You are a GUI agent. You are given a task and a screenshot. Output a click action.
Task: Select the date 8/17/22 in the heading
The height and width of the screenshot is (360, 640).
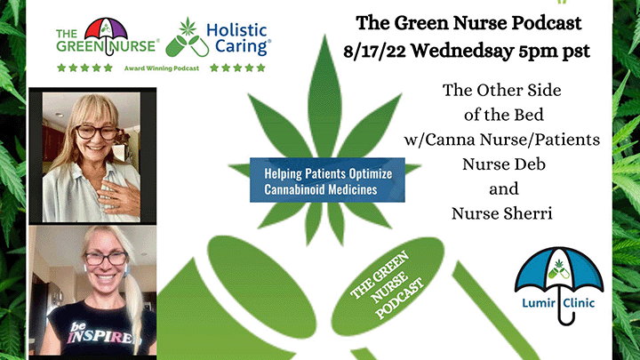click(x=374, y=52)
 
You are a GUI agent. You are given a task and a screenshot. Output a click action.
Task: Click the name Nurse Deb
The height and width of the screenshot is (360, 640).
click(x=504, y=164)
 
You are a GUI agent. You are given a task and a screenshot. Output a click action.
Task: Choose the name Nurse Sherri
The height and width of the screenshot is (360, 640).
click(x=502, y=213)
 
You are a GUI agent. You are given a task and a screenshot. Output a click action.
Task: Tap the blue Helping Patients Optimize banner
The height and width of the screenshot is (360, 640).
click(x=327, y=180)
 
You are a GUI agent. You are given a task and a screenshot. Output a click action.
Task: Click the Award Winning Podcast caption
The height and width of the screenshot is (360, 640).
click(x=162, y=68)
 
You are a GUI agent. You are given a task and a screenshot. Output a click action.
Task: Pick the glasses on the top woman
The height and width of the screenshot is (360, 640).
click(x=96, y=132)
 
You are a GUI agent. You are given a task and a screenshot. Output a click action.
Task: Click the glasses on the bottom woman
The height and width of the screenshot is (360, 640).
click(x=106, y=259)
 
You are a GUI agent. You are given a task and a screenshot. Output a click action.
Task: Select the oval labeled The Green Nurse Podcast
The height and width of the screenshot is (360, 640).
click(x=388, y=286)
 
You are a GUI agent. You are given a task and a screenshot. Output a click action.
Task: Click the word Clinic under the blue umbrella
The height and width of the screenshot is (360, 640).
click(x=579, y=303)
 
